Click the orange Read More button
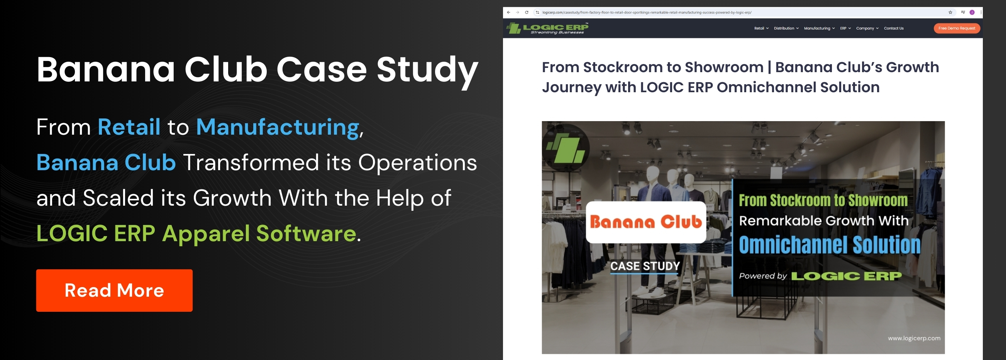(114, 290)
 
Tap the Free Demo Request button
(957, 28)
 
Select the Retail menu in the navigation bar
(761, 28)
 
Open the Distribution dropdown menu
(786, 28)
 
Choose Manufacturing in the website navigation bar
(819, 28)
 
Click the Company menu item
(867, 28)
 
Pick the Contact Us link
(894, 28)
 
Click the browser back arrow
(508, 12)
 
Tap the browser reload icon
(527, 12)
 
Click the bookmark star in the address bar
(950, 12)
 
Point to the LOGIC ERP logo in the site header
(547, 28)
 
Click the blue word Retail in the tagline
(129, 127)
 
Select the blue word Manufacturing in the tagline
(277, 127)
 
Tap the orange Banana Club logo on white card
(646, 222)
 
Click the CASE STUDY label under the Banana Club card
(645, 266)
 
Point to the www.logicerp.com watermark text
(914, 338)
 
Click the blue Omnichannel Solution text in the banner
(830, 245)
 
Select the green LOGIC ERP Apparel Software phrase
(196, 233)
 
